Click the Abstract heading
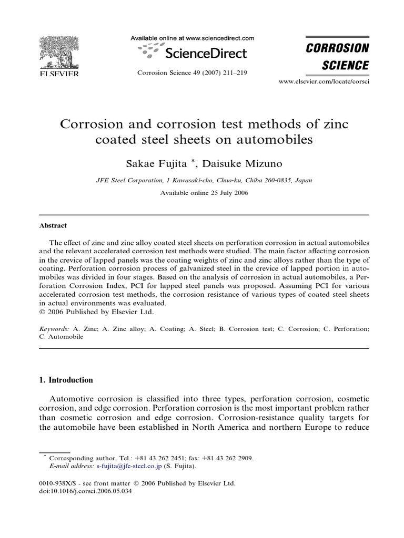[x=53, y=225]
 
